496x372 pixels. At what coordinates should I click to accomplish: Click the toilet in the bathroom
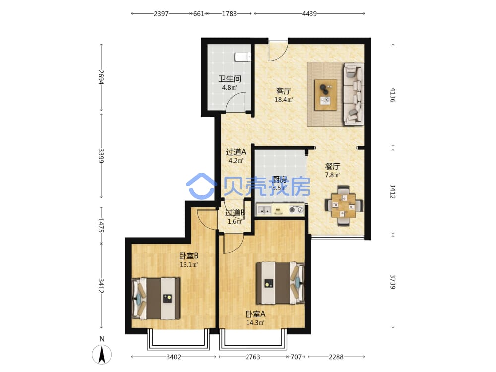pyautogui.click(x=243, y=57)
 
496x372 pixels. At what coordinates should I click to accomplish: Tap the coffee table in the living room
pyautogui.click(x=326, y=95)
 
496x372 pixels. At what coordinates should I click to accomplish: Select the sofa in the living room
pyautogui.click(x=353, y=93)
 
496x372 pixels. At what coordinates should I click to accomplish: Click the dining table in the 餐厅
pyautogui.click(x=344, y=205)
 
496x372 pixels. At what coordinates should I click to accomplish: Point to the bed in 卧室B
pyautogui.click(x=156, y=299)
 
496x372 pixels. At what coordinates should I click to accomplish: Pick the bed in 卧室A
pyautogui.click(x=280, y=283)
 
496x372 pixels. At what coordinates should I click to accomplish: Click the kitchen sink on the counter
pyautogui.click(x=264, y=209)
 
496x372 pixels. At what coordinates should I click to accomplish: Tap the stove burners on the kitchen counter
pyautogui.click(x=297, y=209)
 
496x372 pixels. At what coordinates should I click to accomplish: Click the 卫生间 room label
pyautogui.click(x=230, y=79)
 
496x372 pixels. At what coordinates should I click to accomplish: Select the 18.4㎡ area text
pyautogui.click(x=283, y=100)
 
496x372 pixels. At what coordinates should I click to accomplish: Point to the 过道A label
pyautogui.click(x=236, y=152)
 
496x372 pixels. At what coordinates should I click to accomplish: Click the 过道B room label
pyautogui.click(x=235, y=213)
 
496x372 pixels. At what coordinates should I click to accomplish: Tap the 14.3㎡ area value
pyautogui.click(x=255, y=323)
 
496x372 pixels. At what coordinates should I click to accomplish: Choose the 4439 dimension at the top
pyautogui.click(x=310, y=13)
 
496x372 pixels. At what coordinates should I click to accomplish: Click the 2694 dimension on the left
pyautogui.click(x=101, y=77)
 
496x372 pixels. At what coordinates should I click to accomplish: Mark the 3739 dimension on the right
pyautogui.click(x=393, y=282)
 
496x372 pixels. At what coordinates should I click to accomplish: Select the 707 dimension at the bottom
pyautogui.click(x=296, y=357)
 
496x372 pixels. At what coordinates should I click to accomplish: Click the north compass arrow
pyautogui.click(x=102, y=354)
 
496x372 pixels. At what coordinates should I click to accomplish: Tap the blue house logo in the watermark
pyautogui.click(x=201, y=186)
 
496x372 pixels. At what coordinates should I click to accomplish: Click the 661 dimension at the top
pyautogui.click(x=199, y=13)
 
